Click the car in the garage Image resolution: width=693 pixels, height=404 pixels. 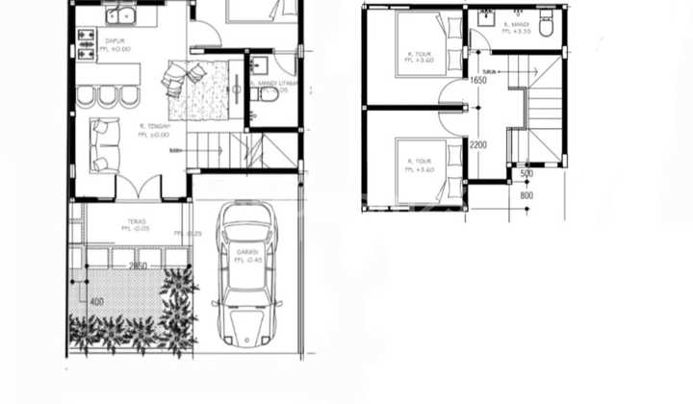tap(246, 274)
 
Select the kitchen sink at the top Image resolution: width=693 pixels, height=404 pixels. tap(123, 14)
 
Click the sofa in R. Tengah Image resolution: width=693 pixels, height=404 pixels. tap(100, 144)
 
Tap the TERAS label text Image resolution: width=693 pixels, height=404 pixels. tap(133, 222)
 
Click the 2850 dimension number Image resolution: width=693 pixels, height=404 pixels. tap(139, 266)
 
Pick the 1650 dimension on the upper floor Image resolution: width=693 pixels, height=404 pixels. tap(478, 81)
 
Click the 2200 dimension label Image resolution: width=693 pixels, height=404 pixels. tap(477, 145)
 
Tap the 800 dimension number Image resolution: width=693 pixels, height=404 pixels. tap(526, 196)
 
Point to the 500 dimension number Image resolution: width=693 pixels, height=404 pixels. tap(526, 174)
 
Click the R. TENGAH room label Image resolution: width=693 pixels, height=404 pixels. tap(154, 130)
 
